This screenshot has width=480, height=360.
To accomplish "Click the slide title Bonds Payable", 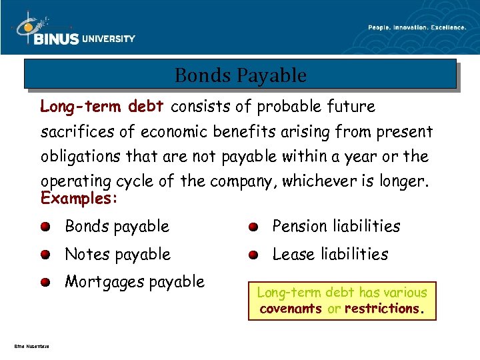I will tap(241, 75).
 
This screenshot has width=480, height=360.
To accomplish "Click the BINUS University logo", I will tap(75, 32).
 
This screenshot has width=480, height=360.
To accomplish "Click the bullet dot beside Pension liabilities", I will tap(253, 227).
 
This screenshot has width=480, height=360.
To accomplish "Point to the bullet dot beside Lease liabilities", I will tap(253, 255).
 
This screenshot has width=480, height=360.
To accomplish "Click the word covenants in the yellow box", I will tap(291, 309).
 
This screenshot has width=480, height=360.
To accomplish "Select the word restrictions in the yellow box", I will tap(381, 309).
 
